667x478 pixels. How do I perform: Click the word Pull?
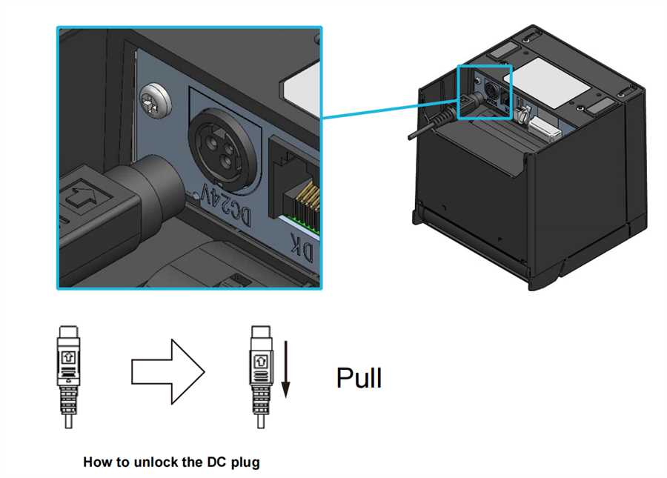[x=359, y=377]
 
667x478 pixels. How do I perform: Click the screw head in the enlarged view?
[x=156, y=102]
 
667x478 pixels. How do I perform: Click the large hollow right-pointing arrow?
[x=168, y=372]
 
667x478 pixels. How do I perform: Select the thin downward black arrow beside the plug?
[x=286, y=369]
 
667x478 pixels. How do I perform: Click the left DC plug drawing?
[x=68, y=376]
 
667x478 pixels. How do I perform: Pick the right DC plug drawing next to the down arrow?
[x=261, y=376]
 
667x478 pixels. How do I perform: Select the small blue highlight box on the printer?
[x=485, y=93]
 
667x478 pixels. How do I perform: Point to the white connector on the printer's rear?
[x=545, y=129]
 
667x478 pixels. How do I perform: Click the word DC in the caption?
[x=217, y=462]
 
